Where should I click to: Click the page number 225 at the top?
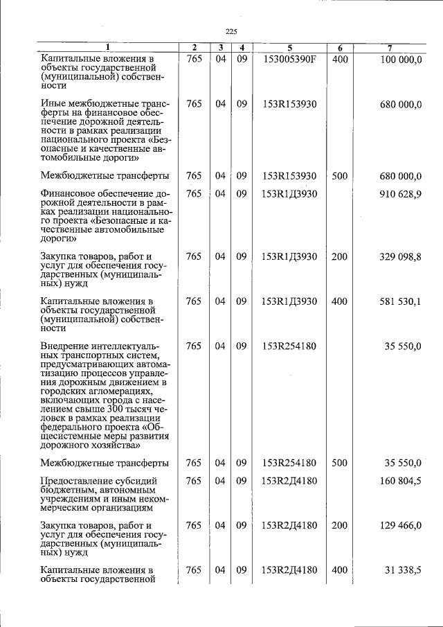click(231, 31)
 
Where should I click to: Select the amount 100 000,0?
click(401, 60)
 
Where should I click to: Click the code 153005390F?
click(289, 60)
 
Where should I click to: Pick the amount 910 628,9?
click(401, 194)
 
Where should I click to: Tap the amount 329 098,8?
click(401, 256)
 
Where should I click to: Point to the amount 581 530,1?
click(401, 301)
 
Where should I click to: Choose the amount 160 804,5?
click(401, 481)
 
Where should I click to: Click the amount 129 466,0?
click(401, 526)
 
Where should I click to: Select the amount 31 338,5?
click(404, 570)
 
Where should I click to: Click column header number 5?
click(289, 48)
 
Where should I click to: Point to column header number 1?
click(108, 48)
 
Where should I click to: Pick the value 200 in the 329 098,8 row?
click(339, 256)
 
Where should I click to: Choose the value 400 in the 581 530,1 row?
click(339, 301)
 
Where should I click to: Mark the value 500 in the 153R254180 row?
click(339, 463)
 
